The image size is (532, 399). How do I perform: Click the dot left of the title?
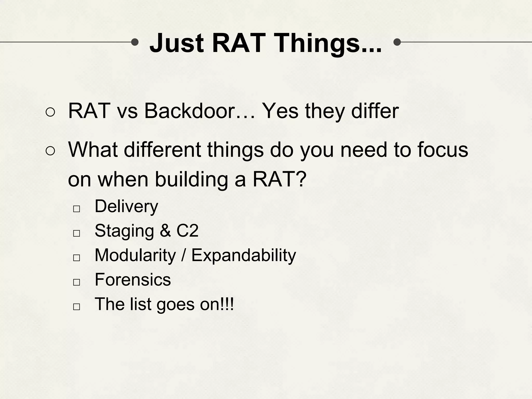click(x=135, y=42)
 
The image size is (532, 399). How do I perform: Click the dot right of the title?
click(x=397, y=42)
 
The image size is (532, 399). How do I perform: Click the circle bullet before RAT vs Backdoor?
click(x=50, y=112)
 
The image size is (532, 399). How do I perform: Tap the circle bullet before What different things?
click(x=50, y=151)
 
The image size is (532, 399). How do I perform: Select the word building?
click(x=191, y=180)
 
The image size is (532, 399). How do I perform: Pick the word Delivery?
click(x=126, y=207)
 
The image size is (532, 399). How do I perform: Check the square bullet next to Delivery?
click(x=76, y=209)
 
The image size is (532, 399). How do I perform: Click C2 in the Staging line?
click(x=187, y=231)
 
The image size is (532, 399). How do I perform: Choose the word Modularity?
click(x=135, y=255)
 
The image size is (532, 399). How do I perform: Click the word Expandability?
click(x=244, y=256)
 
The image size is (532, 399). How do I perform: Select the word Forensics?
click(x=133, y=280)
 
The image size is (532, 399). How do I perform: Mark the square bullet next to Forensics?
click(x=76, y=282)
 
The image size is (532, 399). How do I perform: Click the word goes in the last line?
click(x=175, y=304)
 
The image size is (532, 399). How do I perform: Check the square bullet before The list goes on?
click(x=76, y=307)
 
